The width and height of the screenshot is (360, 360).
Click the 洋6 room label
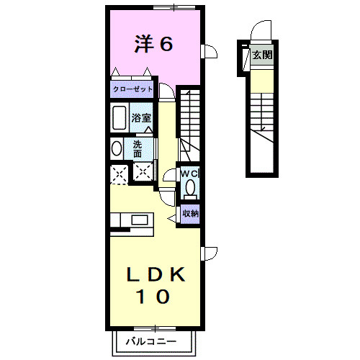pyautogui.click(x=153, y=44)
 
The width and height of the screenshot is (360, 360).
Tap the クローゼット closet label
pyautogui.click(x=131, y=90)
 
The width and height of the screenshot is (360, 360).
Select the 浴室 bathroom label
pyautogui.click(x=141, y=117)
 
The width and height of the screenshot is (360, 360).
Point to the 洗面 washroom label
pyautogui.click(x=138, y=148)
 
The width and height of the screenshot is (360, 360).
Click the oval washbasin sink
pyautogui.click(x=117, y=148)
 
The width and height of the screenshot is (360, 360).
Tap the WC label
pyautogui.click(x=189, y=174)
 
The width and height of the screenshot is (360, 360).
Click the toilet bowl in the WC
pyautogui.click(x=189, y=189)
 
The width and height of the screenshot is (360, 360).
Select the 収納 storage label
pyautogui.click(x=189, y=213)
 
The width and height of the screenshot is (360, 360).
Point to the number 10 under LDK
pyautogui.click(x=154, y=295)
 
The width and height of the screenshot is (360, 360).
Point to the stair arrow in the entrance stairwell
pyautogui.click(x=263, y=130)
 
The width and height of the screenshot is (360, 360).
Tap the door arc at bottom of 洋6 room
pyautogui.click(x=166, y=91)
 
